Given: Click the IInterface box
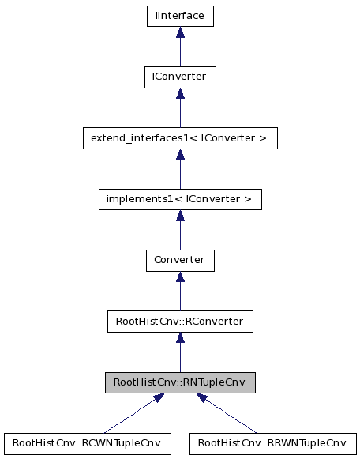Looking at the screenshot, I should tap(180, 16).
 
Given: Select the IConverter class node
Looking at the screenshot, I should tap(180, 77).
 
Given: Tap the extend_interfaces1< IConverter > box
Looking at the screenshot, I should tap(180, 138).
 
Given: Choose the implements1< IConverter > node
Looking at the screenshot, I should tap(180, 199).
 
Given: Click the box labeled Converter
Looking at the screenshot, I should tap(180, 260).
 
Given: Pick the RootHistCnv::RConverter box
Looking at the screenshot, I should tap(180, 321).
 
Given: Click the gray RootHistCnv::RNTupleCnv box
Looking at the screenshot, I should tap(180, 382).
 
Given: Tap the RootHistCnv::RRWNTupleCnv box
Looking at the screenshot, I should tap(272, 442).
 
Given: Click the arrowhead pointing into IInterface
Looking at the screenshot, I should tap(180, 32).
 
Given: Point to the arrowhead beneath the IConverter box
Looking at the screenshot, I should tap(180, 93).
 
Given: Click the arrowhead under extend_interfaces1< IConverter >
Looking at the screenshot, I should tap(180, 154).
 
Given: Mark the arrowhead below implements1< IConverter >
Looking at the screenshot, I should tap(180, 215).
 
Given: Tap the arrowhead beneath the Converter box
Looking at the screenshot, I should tap(180, 277).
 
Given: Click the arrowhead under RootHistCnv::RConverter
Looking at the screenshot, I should tap(180, 337).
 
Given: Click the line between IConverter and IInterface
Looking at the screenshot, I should tap(180, 53).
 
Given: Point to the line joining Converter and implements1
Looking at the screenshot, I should tap(180, 235).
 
